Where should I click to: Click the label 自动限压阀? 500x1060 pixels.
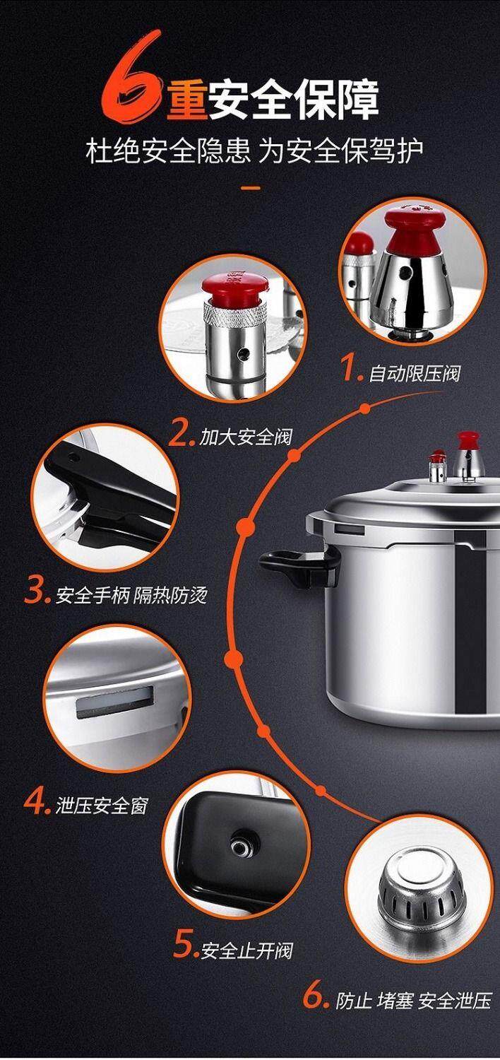415,374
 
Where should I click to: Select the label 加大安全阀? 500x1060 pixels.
245,437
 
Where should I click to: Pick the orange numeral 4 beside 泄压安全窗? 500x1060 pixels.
36,800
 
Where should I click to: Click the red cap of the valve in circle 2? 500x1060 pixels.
235,288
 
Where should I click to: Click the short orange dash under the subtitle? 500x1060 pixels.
251,188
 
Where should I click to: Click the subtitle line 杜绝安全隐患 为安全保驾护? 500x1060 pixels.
254,151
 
